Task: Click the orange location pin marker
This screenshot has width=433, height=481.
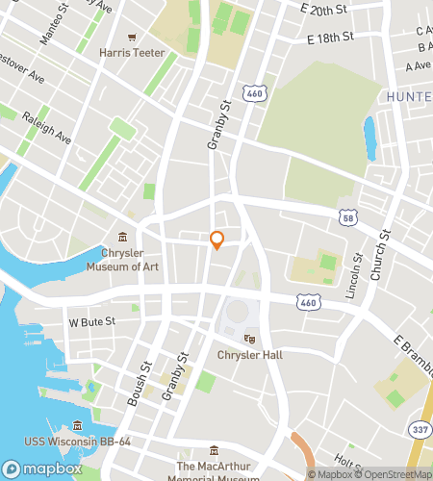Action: click(x=216, y=240)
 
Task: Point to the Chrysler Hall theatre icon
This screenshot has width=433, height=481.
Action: click(x=249, y=339)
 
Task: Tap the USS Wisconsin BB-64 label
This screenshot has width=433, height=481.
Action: click(x=78, y=442)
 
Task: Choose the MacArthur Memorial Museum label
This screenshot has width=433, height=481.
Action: click(x=213, y=469)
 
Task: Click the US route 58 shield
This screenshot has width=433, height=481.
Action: click(x=346, y=218)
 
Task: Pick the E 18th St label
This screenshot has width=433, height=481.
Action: click(x=328, y=39)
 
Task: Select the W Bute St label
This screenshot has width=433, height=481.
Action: click(x=90, y=321)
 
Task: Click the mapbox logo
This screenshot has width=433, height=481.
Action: click(x=41, y=468)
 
